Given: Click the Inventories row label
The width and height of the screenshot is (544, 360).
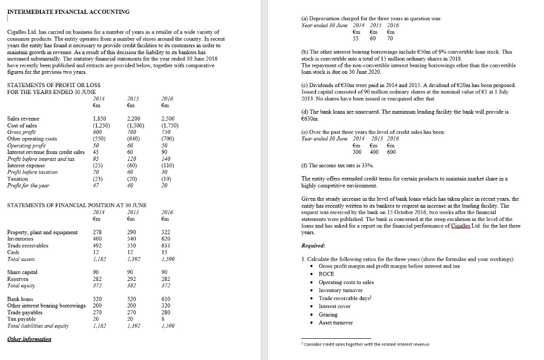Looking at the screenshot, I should click(x=21, y=239).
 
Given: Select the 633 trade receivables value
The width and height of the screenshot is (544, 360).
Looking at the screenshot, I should click(x=166, y=245).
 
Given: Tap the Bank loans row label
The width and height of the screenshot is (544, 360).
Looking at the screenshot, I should click(x=20, y=299).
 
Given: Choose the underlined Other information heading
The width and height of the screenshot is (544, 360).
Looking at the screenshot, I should click(x=29, y=339).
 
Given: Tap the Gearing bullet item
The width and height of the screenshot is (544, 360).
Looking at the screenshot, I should click(x=327, y=314).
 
